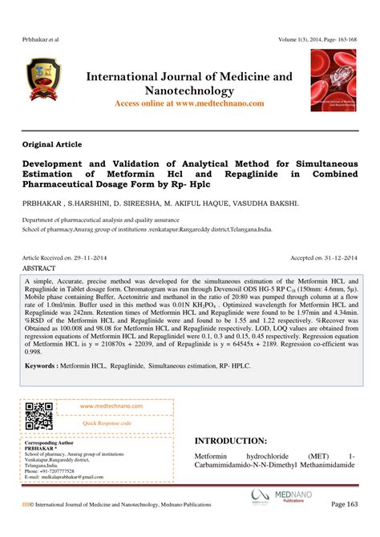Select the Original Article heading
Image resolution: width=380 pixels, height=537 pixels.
52,144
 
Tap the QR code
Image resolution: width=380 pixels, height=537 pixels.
38,417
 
